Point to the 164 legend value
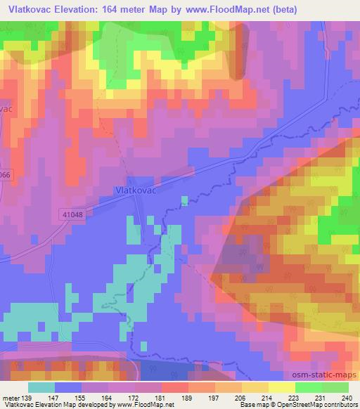(105, 397)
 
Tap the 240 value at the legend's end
(345, 397)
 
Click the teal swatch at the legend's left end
(41, 387)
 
